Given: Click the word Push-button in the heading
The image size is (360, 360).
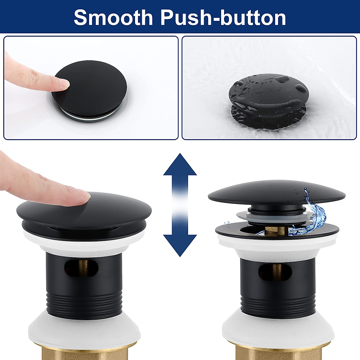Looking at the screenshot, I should (x=223, y=17).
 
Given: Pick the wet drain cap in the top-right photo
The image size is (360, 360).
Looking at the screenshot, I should (x=268, y=94).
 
